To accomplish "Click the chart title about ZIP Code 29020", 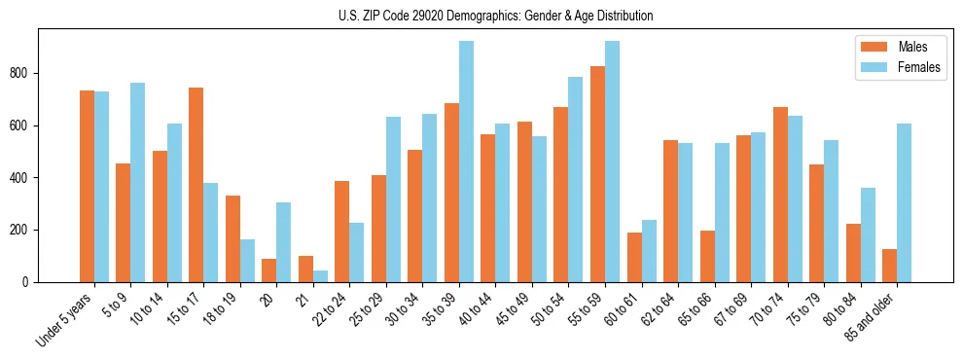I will click(x=481, y=16).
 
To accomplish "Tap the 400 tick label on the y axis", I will click(x=23, y=178).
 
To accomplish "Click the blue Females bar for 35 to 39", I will click(x=466, y=162).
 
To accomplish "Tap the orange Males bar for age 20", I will click(x=269, y=270).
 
